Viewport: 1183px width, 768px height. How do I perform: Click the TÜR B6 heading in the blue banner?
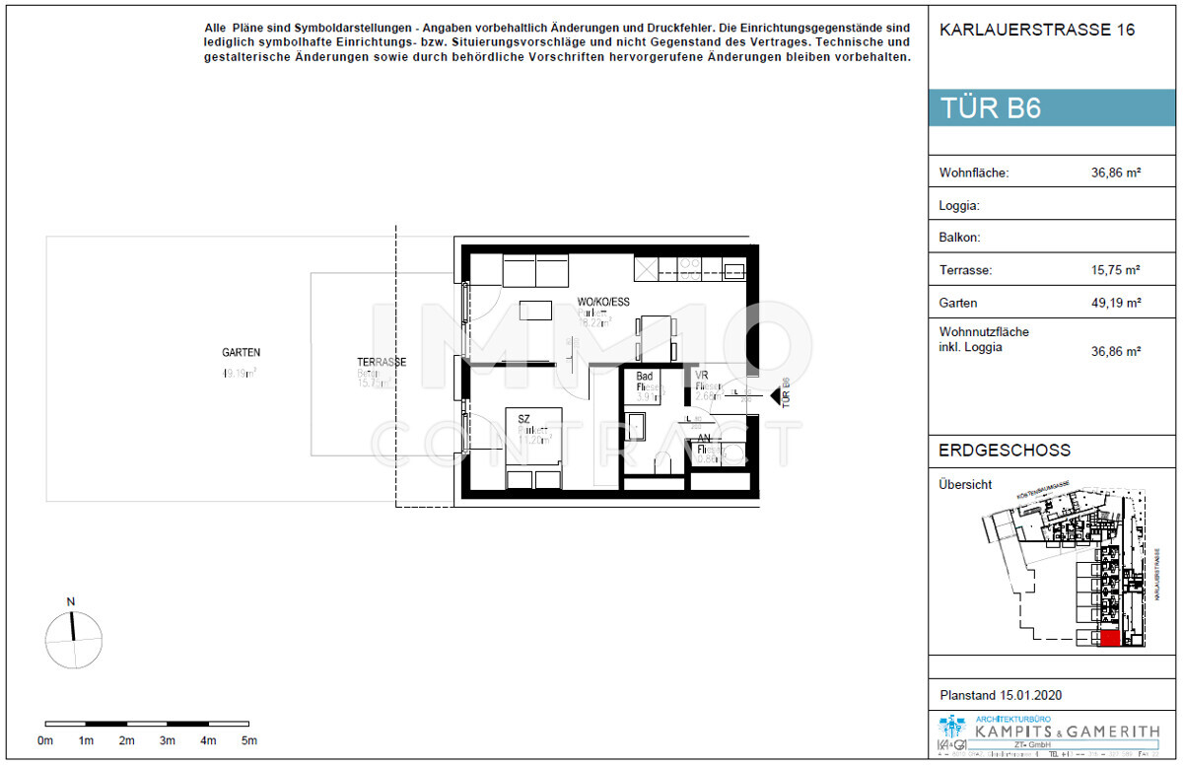(991, 108)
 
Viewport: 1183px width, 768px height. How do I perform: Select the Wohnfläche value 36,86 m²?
(1115, 173)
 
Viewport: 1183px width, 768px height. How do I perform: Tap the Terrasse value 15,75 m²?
(1115, 269)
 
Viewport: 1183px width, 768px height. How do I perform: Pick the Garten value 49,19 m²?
(1115, 303)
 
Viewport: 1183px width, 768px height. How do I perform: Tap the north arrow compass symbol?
(73, 638)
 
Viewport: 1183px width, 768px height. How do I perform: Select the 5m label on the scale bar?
(248, 740)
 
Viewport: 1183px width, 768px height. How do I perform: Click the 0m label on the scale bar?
(45, 740)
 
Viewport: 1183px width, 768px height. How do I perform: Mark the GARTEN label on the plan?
(241, 352)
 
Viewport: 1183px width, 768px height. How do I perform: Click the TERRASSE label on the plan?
(382, 362)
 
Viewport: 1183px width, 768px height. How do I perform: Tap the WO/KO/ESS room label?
(602, 302)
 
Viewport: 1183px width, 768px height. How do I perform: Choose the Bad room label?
(645, 377)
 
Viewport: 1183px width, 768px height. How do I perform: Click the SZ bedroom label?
(524, 419)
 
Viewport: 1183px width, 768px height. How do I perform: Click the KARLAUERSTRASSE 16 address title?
(1037, 30)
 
